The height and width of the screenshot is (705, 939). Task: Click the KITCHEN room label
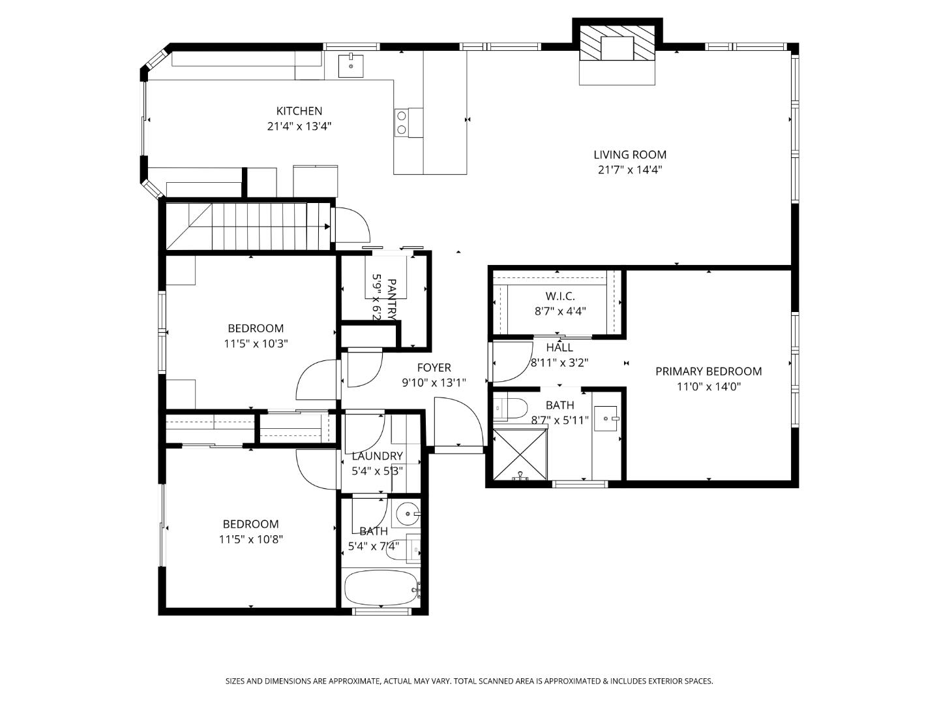coord(299,111)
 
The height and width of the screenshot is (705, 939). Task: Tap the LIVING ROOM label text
coord(629,155)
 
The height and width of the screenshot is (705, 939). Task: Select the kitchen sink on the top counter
coord(351,65)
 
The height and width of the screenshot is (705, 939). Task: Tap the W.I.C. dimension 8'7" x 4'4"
coord(559,311)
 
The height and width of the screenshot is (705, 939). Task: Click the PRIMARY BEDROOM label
coord(708,371)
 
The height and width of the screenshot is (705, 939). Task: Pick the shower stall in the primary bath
coord(520,454)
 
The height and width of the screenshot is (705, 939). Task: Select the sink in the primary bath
coord(606,416)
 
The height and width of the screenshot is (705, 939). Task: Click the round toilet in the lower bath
coord(408,514)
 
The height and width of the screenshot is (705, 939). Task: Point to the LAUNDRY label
coord(377,456)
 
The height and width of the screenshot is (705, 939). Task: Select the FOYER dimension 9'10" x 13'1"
coord(434,383)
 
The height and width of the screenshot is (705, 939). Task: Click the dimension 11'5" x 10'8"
coord(250,539)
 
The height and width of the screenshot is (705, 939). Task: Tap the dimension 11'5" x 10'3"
coord(256,343)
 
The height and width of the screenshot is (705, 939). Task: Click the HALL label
coord(559,348)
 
